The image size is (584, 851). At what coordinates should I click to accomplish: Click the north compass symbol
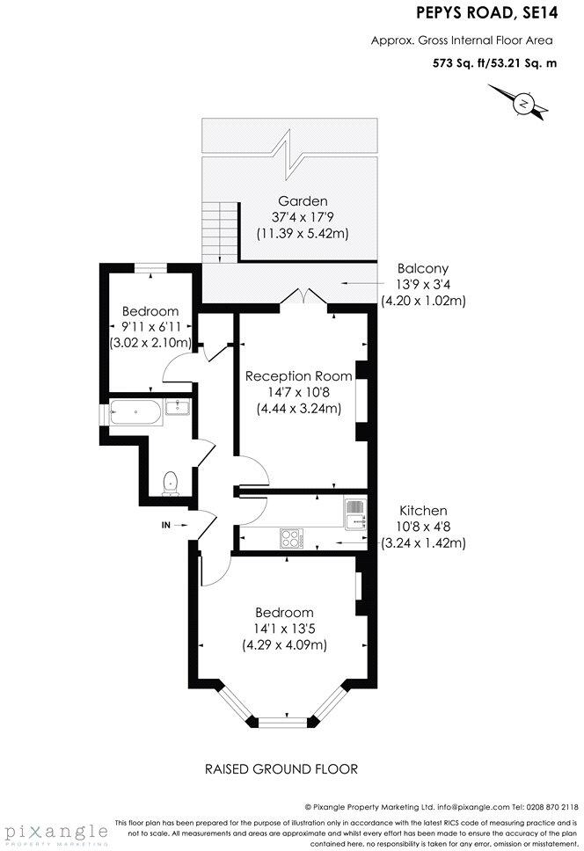click(x=523, y=104)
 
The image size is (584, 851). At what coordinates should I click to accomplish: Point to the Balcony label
click(x=423, y=268)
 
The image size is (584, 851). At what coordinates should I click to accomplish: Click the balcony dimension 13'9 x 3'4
click(x=423, y=284)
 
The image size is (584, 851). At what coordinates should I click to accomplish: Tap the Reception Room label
click(x=299, y=375)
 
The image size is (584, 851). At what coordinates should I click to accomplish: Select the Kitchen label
click(x=423, y=510)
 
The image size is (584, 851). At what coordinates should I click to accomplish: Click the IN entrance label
click(x=165, y=525)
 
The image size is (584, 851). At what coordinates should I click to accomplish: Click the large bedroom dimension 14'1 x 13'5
click(x=284, y=629)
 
